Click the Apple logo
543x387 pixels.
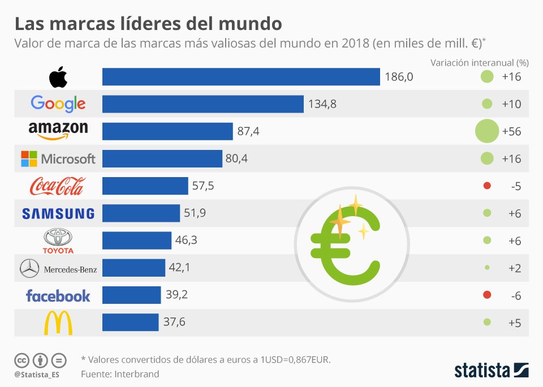coord(58,77)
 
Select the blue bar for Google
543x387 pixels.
coord(203,104)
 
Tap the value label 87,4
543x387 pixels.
coord(248,131)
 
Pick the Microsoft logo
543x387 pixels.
coord(58,159)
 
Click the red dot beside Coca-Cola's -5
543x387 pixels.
coord(487,186)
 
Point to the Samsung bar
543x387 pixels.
coord(141,213)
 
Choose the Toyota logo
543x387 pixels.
coord(58,241)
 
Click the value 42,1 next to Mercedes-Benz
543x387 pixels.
coord(179,267)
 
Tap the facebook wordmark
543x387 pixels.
coord(58,296)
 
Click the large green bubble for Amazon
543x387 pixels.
coord(487,131)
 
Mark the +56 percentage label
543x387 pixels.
coord(511,131)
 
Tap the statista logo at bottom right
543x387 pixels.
coord(492,371)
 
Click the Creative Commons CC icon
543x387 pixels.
coord(21,360)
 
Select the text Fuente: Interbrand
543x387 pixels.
coord(120,374)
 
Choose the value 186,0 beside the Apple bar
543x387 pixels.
coord(399,76)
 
